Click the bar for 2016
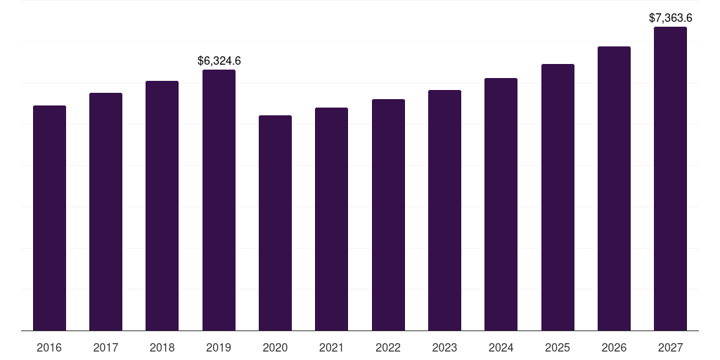tap(49, 218)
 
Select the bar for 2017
tap(105, 212)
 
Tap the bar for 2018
tap(162, 205)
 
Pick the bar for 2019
tap(219, 200)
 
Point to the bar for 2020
tap(275, 223)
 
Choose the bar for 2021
tap(331, 219)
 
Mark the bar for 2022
tap(388, 214)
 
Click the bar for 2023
tap(444, 210)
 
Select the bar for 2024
tap(501, 204)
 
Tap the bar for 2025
tap(558, 197)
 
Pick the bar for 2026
tap(614, 188)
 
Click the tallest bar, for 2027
tap(670, 179)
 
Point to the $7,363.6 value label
tap(671, 18)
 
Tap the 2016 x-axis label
tap(49, 348)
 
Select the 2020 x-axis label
tap(275, 348)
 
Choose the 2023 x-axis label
tap(444, 348)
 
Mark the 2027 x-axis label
tap(670, 348)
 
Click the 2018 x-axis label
tap(162, 348)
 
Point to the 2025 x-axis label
tap(558, 348)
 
